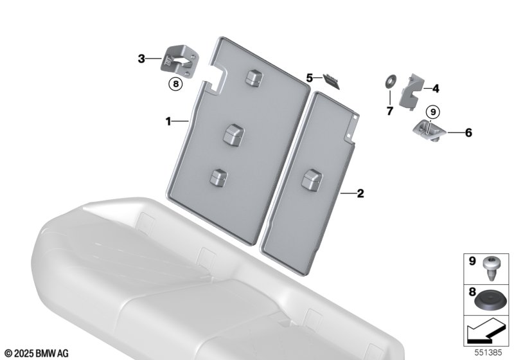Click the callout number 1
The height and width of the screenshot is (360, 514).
(168, 122)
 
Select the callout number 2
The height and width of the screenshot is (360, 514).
(360, 194)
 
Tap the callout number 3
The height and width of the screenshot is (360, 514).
(141, 59)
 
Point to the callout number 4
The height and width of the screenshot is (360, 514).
(436, 89)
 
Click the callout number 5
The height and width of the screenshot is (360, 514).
(310, 78)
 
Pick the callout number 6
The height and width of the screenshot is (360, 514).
(468, 133)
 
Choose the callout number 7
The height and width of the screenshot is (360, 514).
(389, 111)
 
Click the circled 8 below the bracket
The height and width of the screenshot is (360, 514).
(175, 84)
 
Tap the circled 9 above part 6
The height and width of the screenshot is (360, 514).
(433, 113)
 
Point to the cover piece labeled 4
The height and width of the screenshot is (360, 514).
(411, 91)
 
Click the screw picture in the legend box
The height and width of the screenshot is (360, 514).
(490, 268)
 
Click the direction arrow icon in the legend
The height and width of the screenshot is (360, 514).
(487, 332)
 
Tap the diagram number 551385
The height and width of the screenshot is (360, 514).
(488, 352)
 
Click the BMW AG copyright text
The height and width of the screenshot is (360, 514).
(37, 354)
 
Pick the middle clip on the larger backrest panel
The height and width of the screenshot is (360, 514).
(233, 134)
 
